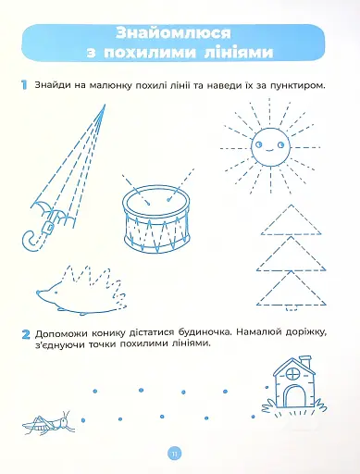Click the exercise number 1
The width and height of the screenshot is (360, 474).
[x=20, y=85]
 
